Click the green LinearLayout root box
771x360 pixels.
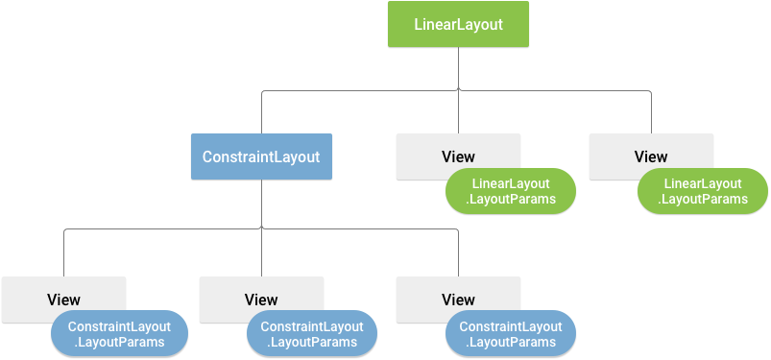[458, 24]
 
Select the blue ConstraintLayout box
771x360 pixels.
[261, 156]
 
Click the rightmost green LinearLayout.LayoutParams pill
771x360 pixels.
[703, 192]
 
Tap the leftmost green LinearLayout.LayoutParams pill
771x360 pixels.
[510, 192]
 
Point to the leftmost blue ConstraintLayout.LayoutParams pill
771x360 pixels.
[120, 334]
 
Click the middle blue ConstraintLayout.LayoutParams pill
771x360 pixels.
[312, 334]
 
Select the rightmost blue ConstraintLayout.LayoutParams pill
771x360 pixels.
[510, 334]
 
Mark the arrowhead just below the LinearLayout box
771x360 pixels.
[458, 88]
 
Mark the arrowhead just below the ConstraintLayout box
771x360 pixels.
[261, 228]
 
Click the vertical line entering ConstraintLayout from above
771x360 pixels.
[261, 113]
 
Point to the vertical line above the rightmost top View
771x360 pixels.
[651, 113]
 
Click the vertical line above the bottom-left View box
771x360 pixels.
[63, 253]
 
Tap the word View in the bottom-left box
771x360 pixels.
[63, 300]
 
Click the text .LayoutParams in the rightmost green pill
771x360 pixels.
[703, 200]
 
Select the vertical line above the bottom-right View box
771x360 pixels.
[458, 253]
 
